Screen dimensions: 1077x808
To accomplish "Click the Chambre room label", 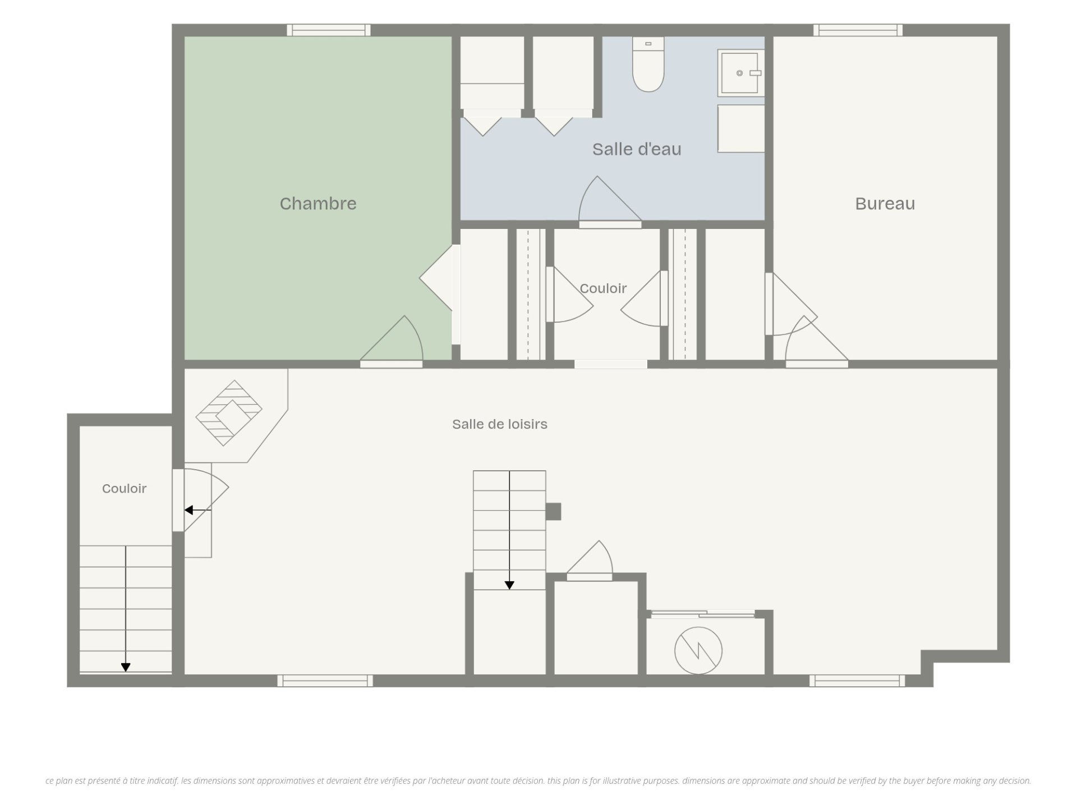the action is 318,203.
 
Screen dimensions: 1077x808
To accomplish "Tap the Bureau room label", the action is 885,203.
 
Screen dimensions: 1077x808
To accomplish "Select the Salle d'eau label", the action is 637,149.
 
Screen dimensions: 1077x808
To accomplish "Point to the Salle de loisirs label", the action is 500,424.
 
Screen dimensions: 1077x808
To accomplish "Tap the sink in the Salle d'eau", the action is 740,72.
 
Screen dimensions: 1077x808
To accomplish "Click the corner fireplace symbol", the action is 229,413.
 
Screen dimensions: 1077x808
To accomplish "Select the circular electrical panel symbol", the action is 698,650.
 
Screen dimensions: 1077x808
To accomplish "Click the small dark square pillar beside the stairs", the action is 553,511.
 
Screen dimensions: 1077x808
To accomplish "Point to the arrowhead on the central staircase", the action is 509,585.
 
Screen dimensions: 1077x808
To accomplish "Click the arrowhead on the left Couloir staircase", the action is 126,667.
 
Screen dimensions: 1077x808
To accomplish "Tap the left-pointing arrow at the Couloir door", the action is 197,510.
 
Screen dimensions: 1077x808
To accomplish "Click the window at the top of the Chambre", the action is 328,30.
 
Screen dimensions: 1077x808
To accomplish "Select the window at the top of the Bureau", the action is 858,30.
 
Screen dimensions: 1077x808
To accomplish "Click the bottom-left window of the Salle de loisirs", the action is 325,681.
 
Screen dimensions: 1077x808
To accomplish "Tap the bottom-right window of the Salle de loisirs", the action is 857,681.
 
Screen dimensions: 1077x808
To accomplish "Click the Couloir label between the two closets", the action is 603,288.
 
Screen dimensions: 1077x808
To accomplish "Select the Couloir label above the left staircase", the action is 124,489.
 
